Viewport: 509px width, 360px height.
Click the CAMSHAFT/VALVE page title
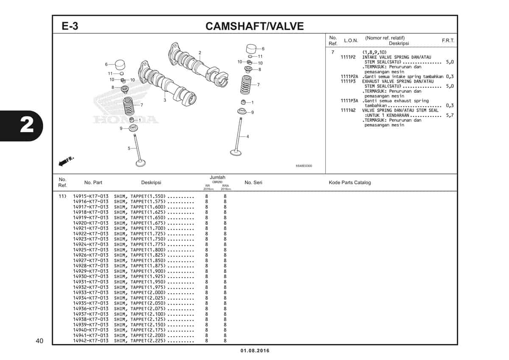(x=255, y=26)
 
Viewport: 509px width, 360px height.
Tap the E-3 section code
(x=70, y=26)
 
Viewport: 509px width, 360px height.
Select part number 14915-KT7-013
(x=91, y=196)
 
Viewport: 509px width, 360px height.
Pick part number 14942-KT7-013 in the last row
(x=91, y=340)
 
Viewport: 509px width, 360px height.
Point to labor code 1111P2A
(x=349, y=77)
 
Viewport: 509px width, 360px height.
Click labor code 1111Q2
(x=348, y=110)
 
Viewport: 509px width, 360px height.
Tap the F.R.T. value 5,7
(x=450, y=115)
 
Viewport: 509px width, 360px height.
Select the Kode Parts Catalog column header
(x=350, y=183)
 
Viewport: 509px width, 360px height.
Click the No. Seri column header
(x=253, y=183)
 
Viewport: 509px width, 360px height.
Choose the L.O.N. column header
(x=351, y=40)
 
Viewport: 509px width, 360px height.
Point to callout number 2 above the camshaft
(x=200, y=53)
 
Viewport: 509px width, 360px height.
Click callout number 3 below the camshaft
(x=165, y=100)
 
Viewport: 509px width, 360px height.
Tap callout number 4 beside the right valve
(x=248, y=136)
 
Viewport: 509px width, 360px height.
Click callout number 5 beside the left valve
(x=129, y=148)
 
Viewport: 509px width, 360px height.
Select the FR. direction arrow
(x=66, y=161)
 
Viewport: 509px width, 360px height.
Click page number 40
(x=39, y=340)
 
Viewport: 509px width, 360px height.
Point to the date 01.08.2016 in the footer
(x=255, y=351)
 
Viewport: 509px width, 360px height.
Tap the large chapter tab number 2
(x=27, y=125)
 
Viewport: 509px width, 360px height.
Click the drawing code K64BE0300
(x=304, y=166)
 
